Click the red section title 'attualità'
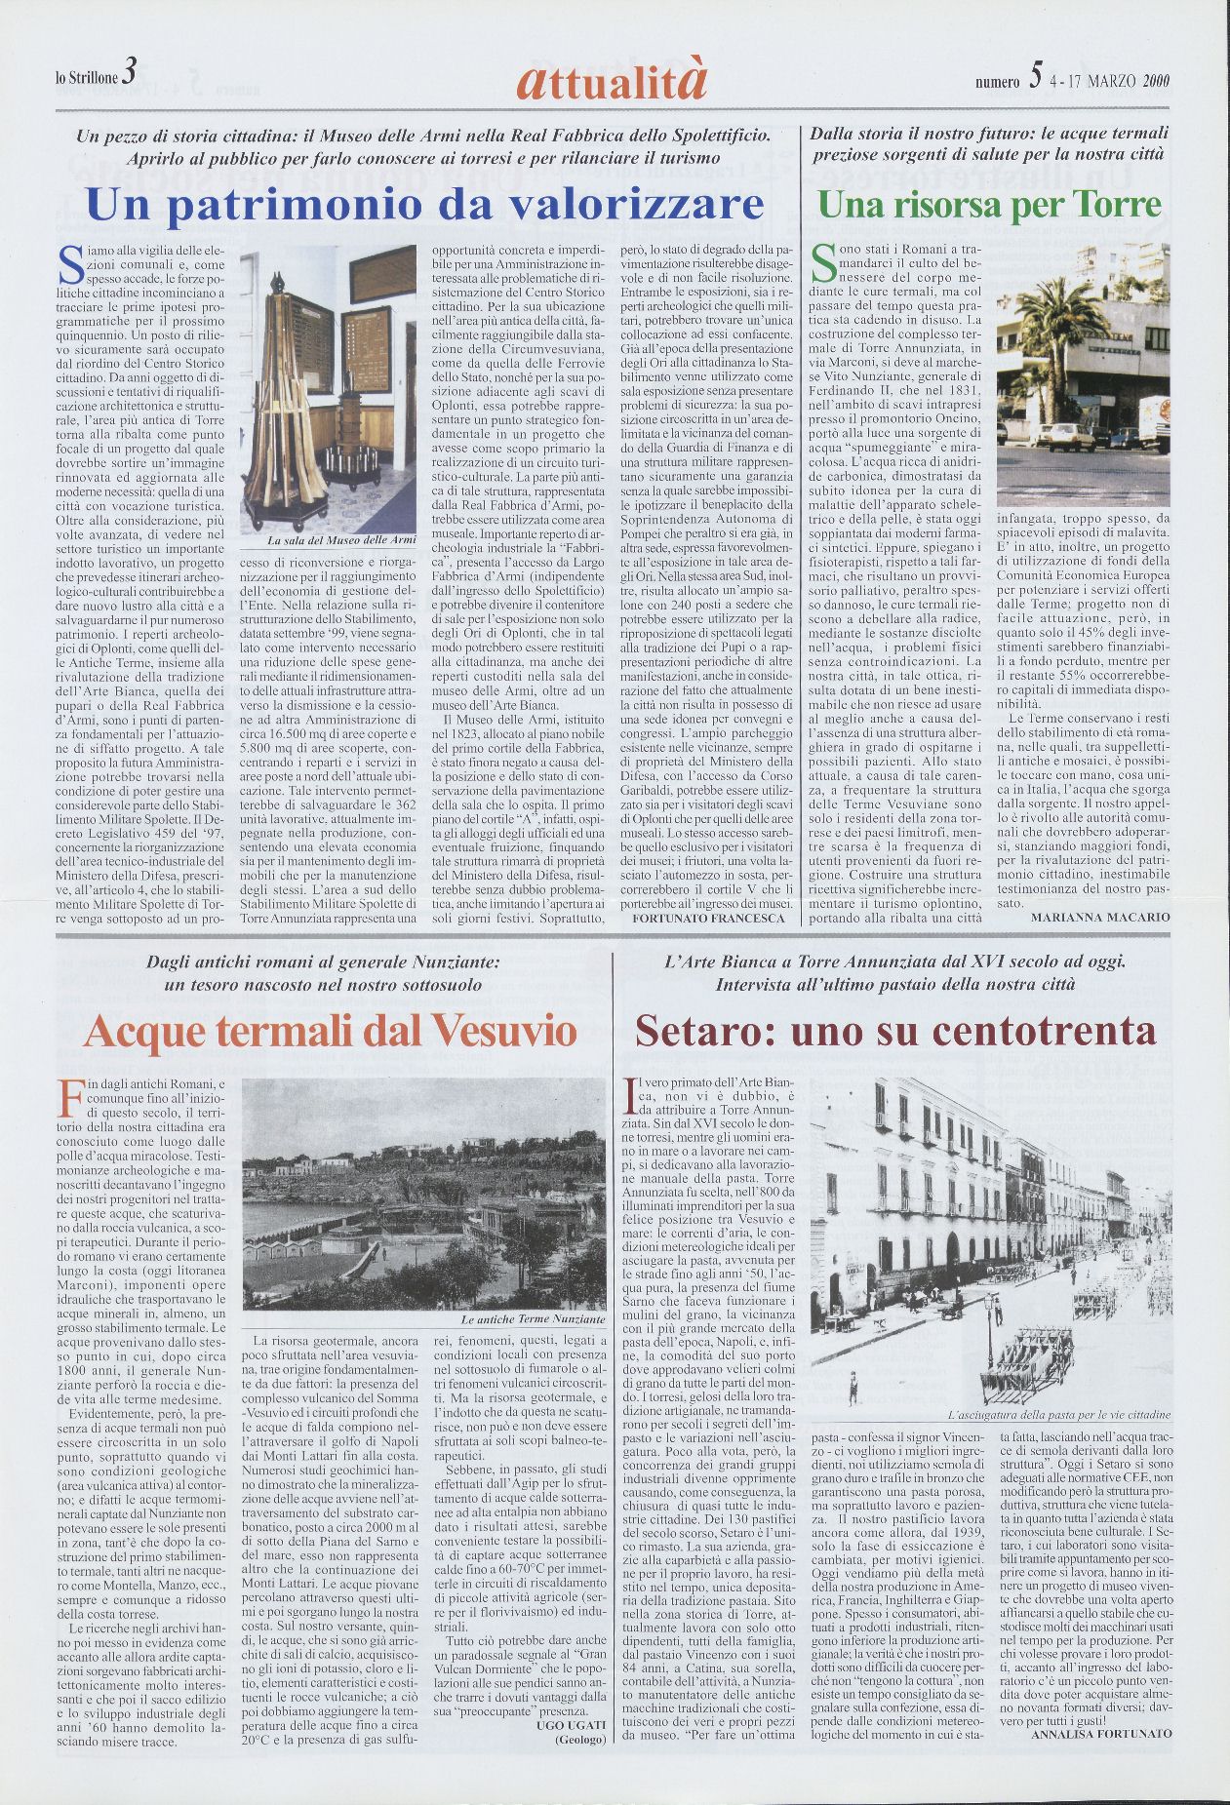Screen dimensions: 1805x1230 pos(615,81)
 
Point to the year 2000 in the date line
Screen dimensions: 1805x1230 pos(1156,81)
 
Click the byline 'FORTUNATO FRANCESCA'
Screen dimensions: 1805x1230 pos(708,918)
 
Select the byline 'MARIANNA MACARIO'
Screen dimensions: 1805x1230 pos(1099,918)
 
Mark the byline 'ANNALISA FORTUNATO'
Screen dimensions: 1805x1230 pos(1100,1733)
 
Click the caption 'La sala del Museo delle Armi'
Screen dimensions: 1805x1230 pos(328,539)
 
